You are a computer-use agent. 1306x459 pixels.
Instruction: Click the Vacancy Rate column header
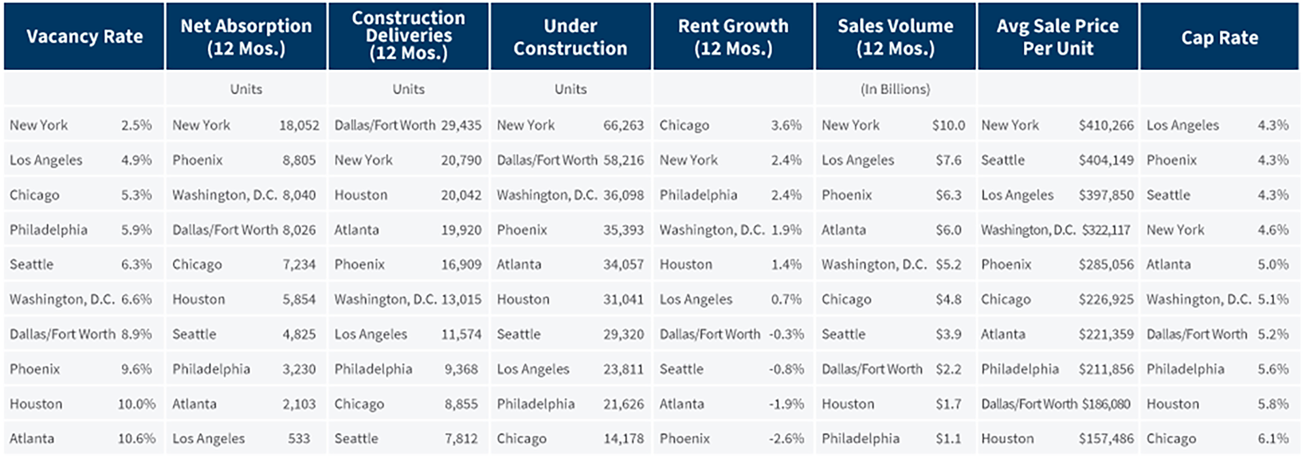click(84, 37)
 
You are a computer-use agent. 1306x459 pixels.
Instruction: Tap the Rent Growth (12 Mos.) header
click(733, 37)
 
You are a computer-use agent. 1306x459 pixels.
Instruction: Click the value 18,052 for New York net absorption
click(299, 125)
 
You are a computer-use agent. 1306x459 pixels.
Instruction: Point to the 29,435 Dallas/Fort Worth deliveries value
click(461, 125)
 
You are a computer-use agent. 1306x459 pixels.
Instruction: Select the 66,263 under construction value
click(623, 125)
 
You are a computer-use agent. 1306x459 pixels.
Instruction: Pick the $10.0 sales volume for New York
click(948, 125)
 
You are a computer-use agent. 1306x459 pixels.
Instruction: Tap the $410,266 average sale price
click(1106, 125)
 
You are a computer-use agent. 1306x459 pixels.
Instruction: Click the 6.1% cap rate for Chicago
click(1273, 439)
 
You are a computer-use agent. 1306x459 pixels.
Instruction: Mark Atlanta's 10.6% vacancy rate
click(136, 439)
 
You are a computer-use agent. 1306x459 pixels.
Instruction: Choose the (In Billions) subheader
click(895, 89)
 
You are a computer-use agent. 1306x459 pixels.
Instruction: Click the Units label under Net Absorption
click(246, 89)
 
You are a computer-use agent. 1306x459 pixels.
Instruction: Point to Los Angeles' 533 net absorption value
click(299, 439)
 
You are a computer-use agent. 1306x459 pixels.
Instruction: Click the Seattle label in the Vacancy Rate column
click(31, 264)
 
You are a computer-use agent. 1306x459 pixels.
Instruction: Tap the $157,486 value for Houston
click(1106, 439)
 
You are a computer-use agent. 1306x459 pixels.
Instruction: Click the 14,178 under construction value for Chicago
click(623, 439)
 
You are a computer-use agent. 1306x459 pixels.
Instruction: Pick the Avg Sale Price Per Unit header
click(1057, 37)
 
